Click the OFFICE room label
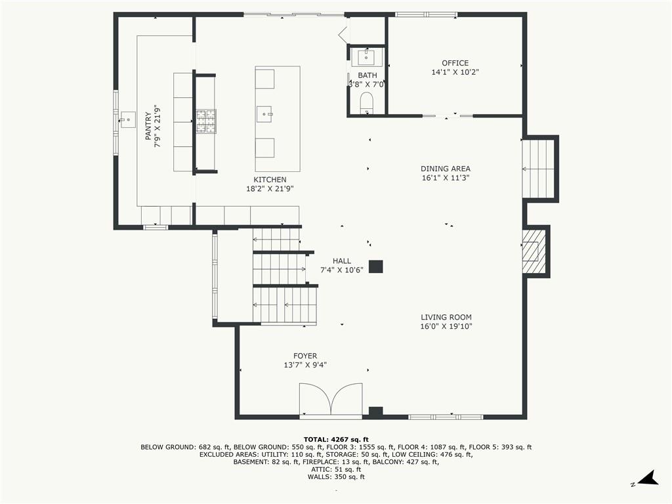click(x=455, y=63)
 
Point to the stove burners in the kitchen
click(x=205, y=121)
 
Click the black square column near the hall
click(x=375, y=266)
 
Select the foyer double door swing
click(x=331, y=399)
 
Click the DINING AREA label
click(x=446, y=169)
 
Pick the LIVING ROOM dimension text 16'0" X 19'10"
click(x=446, y=326)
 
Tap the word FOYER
click(x=305, y=356)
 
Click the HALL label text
click(x=341, y=261)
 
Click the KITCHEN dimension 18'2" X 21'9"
click(x=270, y=188)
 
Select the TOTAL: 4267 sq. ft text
click(x=336, y=439)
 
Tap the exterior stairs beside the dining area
click(x=539, y=168)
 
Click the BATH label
click(x=367, y=75)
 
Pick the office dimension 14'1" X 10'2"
click(x=455, y=72)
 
